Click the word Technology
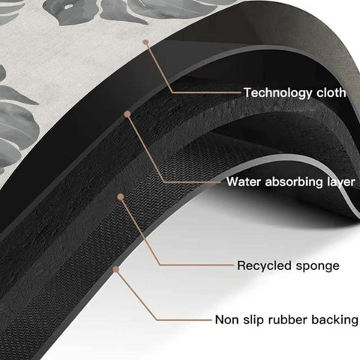click(278, 93)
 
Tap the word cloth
click(331, 92)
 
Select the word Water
click(244, 181)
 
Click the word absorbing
click(294, 181)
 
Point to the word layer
click(341, 181)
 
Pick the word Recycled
click(265, 265)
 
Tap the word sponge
click(317, 266)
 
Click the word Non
click(226, 320)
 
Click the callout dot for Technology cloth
click(145, 42)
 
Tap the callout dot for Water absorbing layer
click(127, 114)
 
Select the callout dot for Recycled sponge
click(121, 196)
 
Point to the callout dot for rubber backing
click(115, 269)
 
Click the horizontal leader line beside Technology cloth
click(207, 92)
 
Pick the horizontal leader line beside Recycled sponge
click(197, 265)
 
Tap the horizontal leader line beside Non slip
click(184, 319)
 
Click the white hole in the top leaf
click(67, 7)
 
